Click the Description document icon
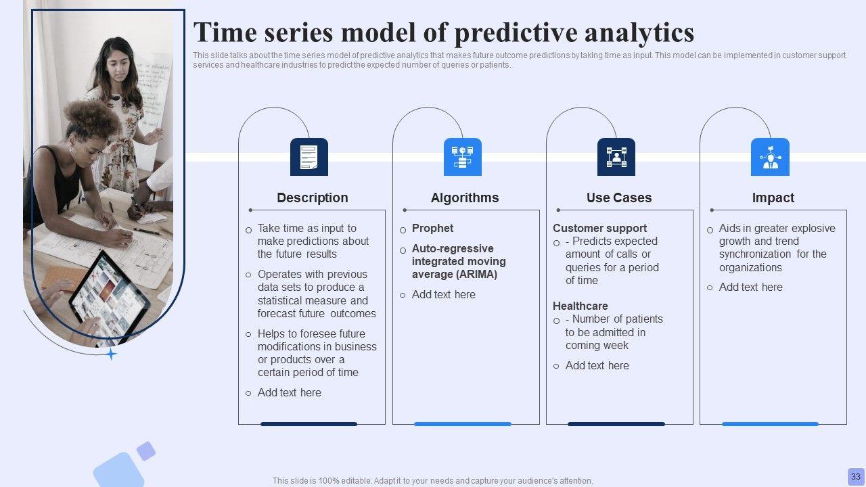click(x=309, y=157)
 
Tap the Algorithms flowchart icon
click(x=462, y=157)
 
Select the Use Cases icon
click(x=616, y=157)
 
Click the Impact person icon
click(x=770, y=157)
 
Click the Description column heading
click(x=313, y=198)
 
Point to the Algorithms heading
click(x=465, y=198)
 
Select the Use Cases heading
click(x=619, y=198)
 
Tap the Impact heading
click(x=773, y=198)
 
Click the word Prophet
click(x=432, y=228)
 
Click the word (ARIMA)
click(x=477, y=275)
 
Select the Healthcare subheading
click(x=580, y=306)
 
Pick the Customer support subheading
click(x=599, y=228)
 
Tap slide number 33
click(x=856, y=476)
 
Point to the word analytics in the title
click(x=639, y=32)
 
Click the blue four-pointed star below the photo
click(x=111, y=354)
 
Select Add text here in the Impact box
click(x=750, y=287)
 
